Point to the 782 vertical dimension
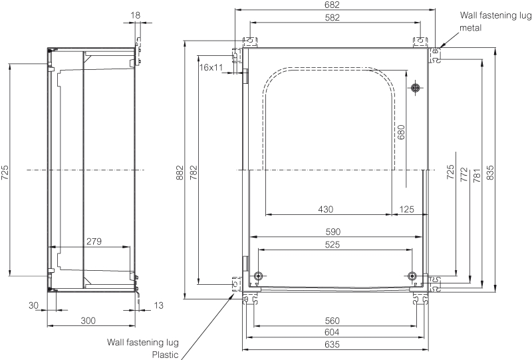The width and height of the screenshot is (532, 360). coord(194,171)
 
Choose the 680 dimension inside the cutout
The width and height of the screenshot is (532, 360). coord(400,133)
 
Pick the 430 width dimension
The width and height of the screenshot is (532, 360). coord(325,209)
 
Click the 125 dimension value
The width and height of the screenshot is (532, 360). coord(407,209)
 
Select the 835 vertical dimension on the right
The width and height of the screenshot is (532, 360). coord(491,171)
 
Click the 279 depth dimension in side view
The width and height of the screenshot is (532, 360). coord(94,242)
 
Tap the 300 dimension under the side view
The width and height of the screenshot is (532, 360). coord(88,321)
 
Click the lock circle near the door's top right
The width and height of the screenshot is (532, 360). coord(415,88)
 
